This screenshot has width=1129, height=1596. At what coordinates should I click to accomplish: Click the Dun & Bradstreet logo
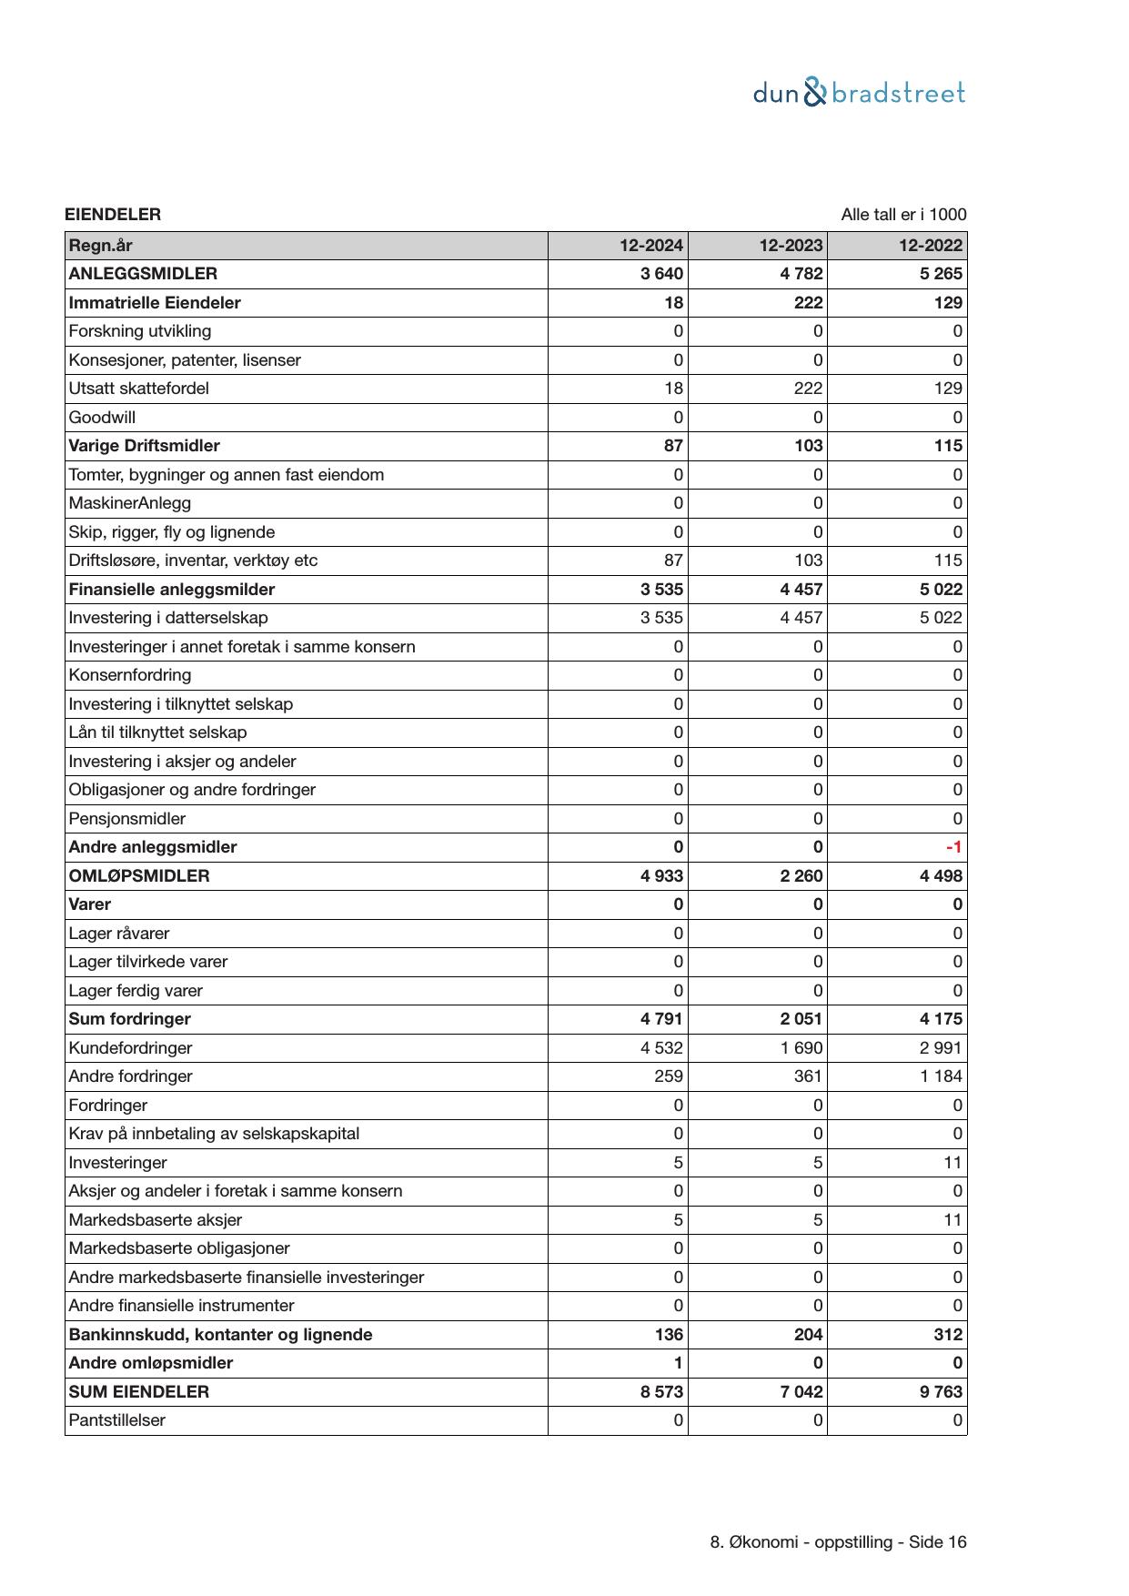(x=858, y=93)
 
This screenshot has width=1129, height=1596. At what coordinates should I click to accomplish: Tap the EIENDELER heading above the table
(x=113, y=215)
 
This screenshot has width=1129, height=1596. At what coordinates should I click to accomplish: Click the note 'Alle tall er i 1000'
(x=902, y=215)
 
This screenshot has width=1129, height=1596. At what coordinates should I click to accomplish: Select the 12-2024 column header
(x=650, y=246)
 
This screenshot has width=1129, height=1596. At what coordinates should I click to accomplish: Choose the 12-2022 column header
(x=930, y=246)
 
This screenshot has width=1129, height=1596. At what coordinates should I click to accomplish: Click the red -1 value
(x=953, y=847)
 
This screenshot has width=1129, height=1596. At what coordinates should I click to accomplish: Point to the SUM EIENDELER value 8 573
(x=661, y=1392)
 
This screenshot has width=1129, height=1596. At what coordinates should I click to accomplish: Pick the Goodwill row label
(x=102, y=418)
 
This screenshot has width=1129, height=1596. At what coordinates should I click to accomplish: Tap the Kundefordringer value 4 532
(x=661, y=1048)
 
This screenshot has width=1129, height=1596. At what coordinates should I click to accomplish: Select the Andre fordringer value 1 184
(x=941, y=1076)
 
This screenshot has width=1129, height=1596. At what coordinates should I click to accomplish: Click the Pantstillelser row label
(x=116, y=1420)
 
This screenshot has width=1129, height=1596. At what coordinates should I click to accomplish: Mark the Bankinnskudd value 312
(x=947, y=1335)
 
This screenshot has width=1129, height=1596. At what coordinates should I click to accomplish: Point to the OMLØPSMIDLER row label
(x=139, y=876)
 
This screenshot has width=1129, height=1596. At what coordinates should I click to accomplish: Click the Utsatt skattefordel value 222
(x=807, y=389)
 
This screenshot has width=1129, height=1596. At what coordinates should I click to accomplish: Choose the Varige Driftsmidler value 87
(x=673, y=446)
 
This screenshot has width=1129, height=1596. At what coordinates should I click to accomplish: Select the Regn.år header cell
(x=100, y=246)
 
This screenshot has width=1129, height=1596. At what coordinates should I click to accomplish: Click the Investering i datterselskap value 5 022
(x=941, y=618)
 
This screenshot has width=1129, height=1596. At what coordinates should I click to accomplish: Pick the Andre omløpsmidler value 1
(x=678, y=1363)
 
